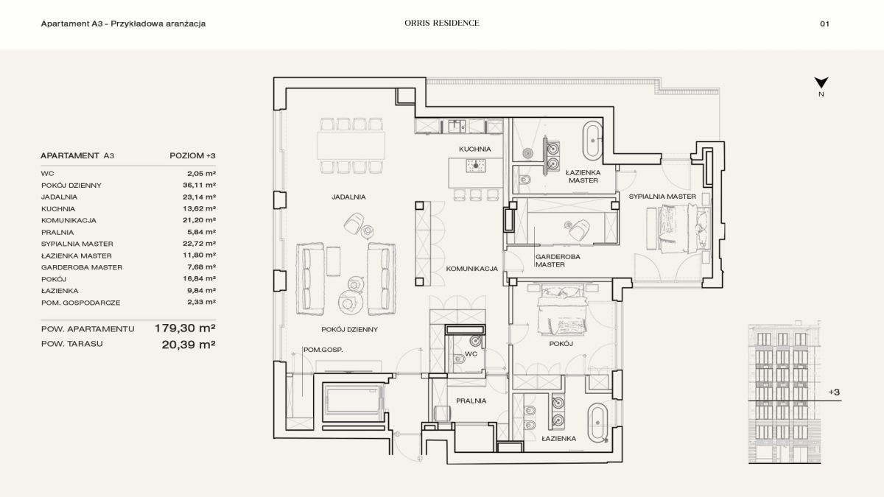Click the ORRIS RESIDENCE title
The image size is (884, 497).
[x=441, y=23]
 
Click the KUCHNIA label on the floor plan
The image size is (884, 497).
[x=474, y=149]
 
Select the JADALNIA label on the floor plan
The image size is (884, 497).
[x=348, y=197]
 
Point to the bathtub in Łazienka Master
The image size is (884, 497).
[x=593, y=141]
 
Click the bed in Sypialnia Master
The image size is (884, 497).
[x=678, y=228]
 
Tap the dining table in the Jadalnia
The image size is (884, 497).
[x=351, y=146]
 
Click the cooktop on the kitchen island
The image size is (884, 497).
[x=476, y=166]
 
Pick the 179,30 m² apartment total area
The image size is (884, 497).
[x=185, y=328]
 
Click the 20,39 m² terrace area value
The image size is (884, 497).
[x=189, y=345]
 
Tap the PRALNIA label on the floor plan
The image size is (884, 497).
[x=471, y=401]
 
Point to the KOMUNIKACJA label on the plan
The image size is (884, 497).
[x=472, y=269]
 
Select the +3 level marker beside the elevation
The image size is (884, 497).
[x=834, y=392]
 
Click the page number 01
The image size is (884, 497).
[x=824, y=24]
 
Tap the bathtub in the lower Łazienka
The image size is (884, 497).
[x=597, y=423]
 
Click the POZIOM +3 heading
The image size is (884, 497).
[x=192, y=155]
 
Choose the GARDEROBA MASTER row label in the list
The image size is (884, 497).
[x=82, y=267]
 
